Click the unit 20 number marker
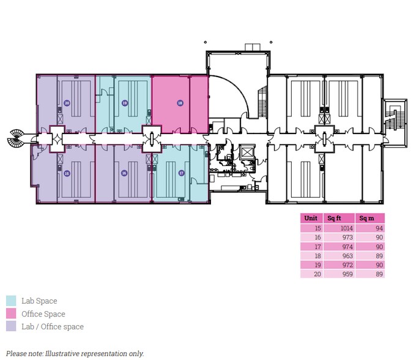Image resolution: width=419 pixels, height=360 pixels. click(x=67, y=103)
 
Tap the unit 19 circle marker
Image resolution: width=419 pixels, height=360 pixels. click(x=124, y=103)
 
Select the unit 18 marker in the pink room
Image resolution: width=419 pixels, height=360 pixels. click(x=180, y=103)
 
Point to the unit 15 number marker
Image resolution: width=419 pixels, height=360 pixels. click(x=67, y=173)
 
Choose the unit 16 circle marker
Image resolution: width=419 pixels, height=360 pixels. click(x=124, y=173)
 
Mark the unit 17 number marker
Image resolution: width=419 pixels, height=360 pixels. click(x=181, y=173)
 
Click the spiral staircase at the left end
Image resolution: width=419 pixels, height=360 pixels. click(x=15, y=140)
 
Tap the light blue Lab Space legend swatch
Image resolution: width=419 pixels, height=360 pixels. click(x=12, y=301)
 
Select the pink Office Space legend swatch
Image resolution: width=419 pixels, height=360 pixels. click(x=12, y=313)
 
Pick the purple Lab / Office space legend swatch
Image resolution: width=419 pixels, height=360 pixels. click(x=12, y=326)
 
